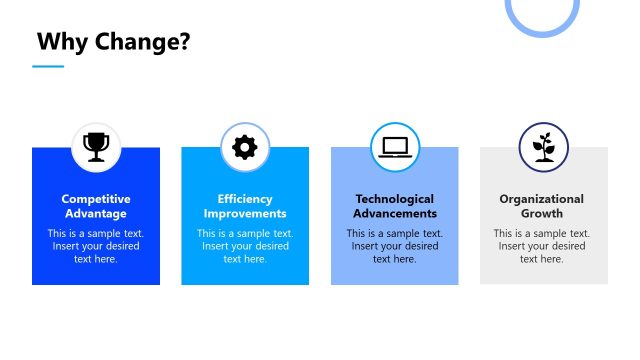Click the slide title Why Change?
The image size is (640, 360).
coord(113,42)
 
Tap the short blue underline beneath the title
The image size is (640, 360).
coord(47,67)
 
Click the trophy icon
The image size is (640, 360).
coord(96,147)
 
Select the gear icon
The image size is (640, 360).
coord(245,147)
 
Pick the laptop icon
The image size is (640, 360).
coord(395,147)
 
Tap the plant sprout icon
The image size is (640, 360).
coord(544,147)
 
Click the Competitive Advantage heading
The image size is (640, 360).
coord(96,206)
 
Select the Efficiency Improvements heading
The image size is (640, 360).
coord(245,206)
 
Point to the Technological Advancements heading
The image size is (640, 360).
coord(395,206)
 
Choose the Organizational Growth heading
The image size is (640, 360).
coord(542,206)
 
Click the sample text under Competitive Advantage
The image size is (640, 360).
coord(96,246)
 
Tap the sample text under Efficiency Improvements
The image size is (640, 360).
coord(245,246)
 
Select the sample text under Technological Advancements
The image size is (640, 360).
coord(395,246)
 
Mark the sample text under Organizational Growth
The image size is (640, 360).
coord(542,246)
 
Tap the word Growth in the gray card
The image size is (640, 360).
coord(542,213)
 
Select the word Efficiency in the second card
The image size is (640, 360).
coord(245,199)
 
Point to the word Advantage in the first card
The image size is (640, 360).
coord(96,213)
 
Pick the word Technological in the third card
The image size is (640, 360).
coord(395,199)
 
